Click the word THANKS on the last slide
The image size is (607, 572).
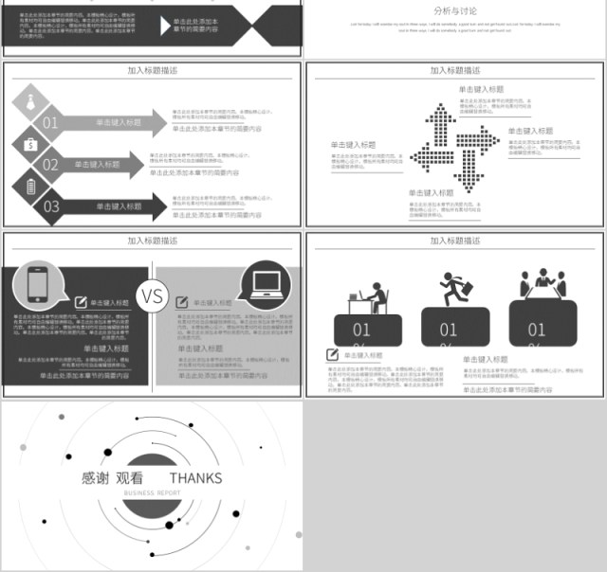pyautogui.click(x=195, y=477)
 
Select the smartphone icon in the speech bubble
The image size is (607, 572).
pyautogui.click(x=38, y=283)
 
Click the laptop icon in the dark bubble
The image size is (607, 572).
pyautogui.click(x=265, y=282)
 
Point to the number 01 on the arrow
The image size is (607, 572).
pyautogui.click(x=50, y=122)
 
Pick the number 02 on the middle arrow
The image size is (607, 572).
pyautogui.click(x=50, y=165)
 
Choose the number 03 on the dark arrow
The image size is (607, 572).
pyautogui.click(x=50, y=206)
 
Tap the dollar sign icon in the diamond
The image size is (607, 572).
pyautogui.click(x=30, y=144)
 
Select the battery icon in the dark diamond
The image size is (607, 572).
pyautogui.click(x=30, y=186)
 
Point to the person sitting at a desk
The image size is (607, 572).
pyautogui.click(x=370, y=297)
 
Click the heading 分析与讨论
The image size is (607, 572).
pyautogui.click(x=455, y=10)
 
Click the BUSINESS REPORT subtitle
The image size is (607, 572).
pyautogui.click(x=152, y=493)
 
